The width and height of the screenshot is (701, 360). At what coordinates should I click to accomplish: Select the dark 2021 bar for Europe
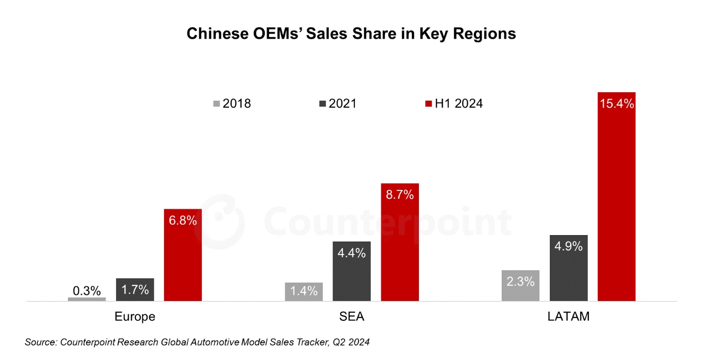click(x=135, y=290)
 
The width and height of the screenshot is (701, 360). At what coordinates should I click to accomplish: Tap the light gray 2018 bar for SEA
click(x=304, y=292)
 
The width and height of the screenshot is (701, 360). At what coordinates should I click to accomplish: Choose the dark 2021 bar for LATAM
click(x=569, y=268)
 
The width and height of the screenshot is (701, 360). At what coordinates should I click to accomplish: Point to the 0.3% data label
click(x=87, y=291)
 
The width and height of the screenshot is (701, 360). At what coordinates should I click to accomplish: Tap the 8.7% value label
click(x=400, y=194)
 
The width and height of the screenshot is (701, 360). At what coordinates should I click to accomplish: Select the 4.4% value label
click(x=352, y=253)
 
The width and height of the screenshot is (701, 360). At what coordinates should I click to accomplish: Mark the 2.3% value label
click(x=521, y=281)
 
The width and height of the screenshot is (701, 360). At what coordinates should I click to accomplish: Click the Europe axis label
click(x=135, y=317)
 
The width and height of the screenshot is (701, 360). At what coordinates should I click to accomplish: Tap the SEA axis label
click(x=351, y=317)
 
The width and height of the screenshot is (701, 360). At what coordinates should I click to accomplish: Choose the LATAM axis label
click(x=569, y=317)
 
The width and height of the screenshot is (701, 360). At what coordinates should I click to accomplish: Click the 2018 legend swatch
click(x=217, y=104)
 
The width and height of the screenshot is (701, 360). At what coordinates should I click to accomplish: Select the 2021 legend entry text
click(x=343, y=104)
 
